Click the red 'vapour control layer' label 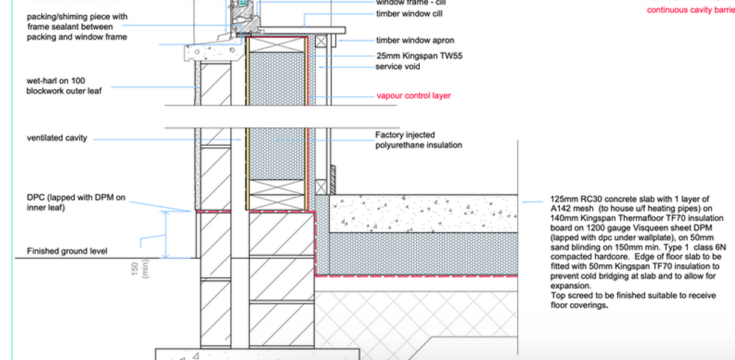coord(413,97)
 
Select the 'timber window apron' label coord(415,40)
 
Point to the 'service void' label coord(397,67)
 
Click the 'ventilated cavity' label coord(57,138)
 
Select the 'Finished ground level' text coord(68,251)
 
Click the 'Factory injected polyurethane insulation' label coord(418,140)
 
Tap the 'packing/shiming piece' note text coord(77,16)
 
